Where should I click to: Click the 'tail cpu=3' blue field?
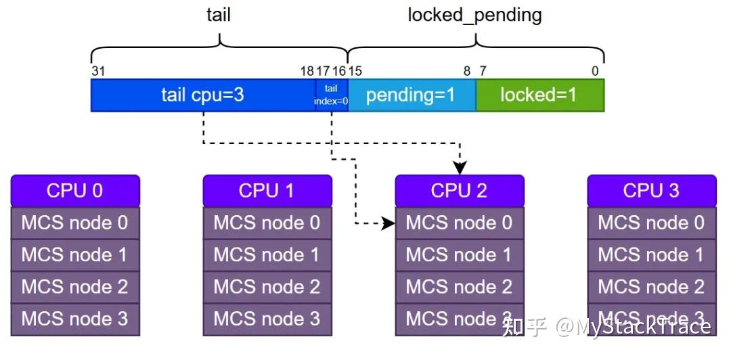pyautogui.click(x=202, y=95)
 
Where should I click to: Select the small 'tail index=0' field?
pyautogui.click(x=331, y=95)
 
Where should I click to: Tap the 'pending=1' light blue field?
pyautogui.click(x=411, y=95)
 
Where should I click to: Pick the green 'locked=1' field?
pyautogui.click(x=539, y=95)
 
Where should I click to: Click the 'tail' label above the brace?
pyautogui.click(x=218, y=15)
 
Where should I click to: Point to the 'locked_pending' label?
pyautogui.click(x=474, y=15)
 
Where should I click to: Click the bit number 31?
pyautogui.click(x=97, y=71)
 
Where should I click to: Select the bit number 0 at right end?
pyautogui.click(x=595, y=71)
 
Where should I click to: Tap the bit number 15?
pyautogui.click(x=355, y=71)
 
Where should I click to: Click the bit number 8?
pyautogui.click(x=466, y=71)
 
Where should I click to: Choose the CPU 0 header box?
pyautogui.click(x=75, y=191)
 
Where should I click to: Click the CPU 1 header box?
pyautogui.click(x=267, y=191)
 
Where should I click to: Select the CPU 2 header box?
pyautogui.click(x=459, y=191)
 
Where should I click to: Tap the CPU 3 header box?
pyautogui.click(x=651, y=191)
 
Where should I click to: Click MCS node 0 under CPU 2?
pyautogui.click(x=459, y=223)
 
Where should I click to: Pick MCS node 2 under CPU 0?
pyautogui.click(x=75, y=287)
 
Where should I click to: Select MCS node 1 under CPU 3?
pyautogui.click(x=651, y=255)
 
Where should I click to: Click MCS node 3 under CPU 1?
pyautogui.click(x=267, y=319)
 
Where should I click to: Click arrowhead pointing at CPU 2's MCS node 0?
pyautogui.click(x=389, y=223)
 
